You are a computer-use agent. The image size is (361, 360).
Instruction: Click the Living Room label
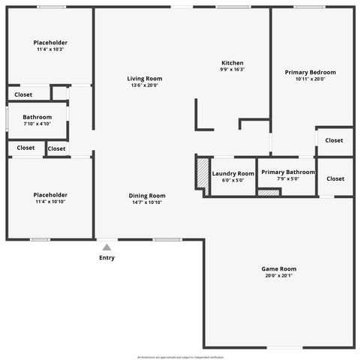(144, 79)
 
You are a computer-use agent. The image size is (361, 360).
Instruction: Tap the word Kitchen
(232, 62)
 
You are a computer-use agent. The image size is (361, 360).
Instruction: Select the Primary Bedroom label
(310, 72)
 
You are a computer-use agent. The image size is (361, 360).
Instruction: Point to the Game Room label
(278, 268)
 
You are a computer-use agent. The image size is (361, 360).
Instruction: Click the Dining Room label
(148, 195)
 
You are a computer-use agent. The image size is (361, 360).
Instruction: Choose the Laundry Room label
(233, 173)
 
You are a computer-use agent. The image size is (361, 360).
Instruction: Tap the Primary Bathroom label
(288, 172)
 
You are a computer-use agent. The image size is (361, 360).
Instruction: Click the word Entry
(107, 258)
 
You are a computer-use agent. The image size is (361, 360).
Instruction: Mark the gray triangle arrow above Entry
(107, 247)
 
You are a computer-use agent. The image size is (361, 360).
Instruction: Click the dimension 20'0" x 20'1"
(278, 276)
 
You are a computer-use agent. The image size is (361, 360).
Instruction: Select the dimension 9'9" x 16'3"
(232, 70)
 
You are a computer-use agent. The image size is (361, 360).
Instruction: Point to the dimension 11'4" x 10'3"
(50, 50)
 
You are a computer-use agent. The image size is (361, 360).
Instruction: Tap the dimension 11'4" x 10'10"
(50, 202)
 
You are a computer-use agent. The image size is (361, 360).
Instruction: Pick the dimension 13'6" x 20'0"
(144, 85)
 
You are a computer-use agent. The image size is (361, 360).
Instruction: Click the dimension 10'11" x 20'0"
(310, 79)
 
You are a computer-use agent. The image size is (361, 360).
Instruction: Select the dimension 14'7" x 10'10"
(148, 202)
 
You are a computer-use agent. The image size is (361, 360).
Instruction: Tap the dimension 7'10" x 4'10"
(37, 124)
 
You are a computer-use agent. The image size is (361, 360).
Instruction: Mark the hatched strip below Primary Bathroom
(268, 193)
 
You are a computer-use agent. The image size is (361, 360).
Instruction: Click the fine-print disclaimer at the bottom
(180, 357)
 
